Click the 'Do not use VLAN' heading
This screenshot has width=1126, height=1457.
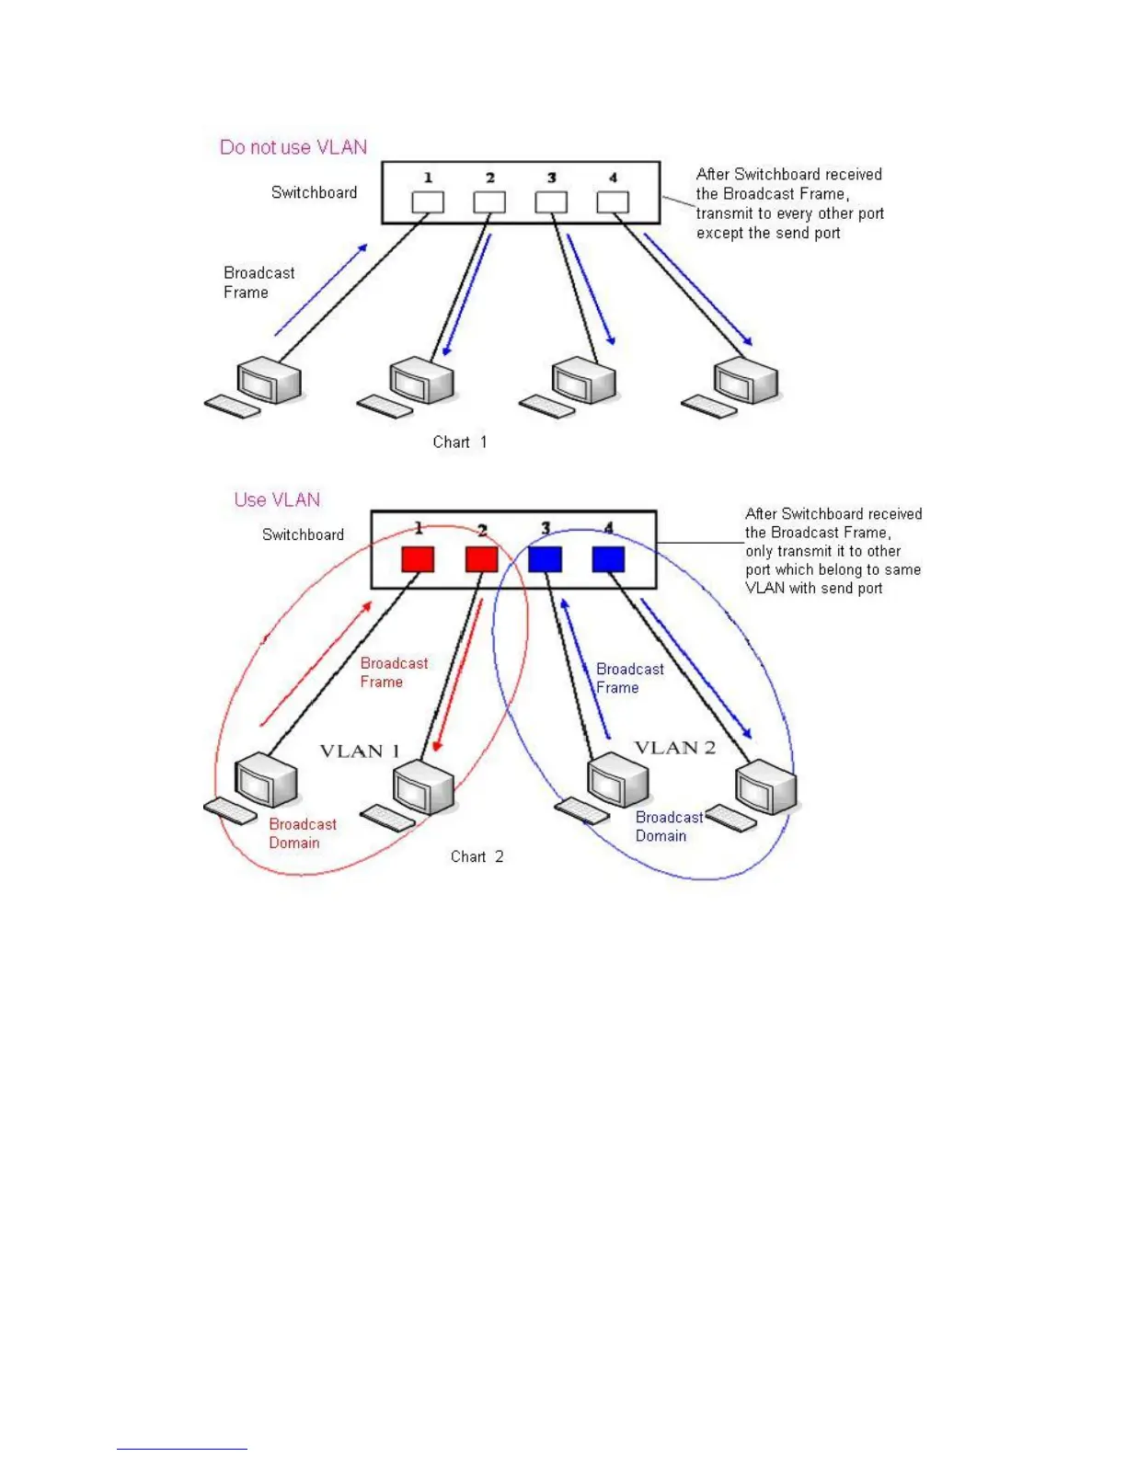(293, 147)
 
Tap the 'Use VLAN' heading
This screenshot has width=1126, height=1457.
(277, 499)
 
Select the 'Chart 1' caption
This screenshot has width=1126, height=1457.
(460, 442)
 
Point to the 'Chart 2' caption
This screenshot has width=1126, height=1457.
(477, 856)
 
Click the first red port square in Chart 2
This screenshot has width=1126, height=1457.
(418, 559)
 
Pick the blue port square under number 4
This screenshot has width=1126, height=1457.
(608, 559)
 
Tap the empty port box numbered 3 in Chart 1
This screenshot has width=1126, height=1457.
(551, 202)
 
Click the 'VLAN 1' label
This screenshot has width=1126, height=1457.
(360, 751)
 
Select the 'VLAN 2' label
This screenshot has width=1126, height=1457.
(674, 748)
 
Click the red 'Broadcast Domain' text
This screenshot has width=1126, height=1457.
(302, 833)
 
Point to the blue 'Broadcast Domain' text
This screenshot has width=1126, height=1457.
(668, 826)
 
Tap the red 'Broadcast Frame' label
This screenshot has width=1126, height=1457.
(393, 672)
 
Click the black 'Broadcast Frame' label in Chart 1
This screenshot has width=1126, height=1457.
(259, 282)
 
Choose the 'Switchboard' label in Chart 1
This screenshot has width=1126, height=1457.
(314, 192)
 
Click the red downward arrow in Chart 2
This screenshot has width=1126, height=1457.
(458, 676)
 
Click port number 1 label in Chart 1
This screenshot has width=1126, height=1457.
(428, 178)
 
